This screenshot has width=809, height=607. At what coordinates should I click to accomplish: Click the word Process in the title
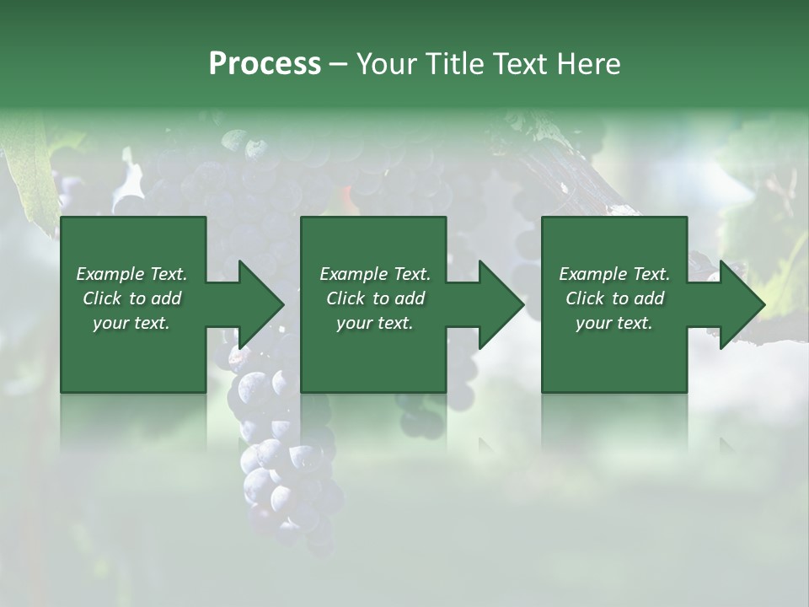265,64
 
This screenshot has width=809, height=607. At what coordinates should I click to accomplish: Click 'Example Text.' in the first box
131,274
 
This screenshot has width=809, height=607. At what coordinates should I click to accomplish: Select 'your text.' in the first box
131,323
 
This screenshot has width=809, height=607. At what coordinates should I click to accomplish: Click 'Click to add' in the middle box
375,298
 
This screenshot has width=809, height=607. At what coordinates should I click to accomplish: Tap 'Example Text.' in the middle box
375,274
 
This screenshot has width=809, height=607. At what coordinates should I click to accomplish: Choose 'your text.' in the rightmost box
614,323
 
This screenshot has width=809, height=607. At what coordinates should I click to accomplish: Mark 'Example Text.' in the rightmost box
614,274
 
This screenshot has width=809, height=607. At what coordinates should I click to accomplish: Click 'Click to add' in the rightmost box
614,298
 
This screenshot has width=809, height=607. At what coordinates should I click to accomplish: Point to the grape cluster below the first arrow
278,472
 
